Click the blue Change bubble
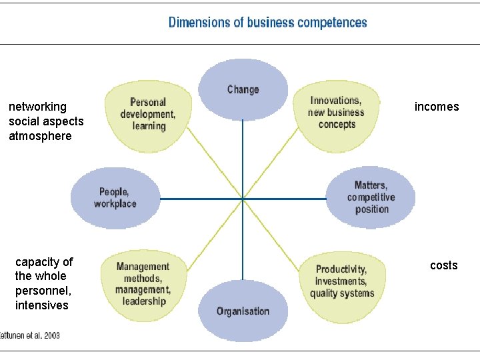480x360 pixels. [243, 89]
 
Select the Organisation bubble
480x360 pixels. [243, 311]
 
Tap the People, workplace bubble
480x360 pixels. [115, 198]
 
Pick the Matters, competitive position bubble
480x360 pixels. [371, 197]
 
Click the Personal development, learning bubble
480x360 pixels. [147, 114]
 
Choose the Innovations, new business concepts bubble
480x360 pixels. [337, 113]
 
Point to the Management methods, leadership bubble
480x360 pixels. [143, 284]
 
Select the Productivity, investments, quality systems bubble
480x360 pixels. [341, 281]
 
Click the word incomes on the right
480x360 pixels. [437, 107]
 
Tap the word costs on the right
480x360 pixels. [444, 265]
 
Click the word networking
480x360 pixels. [37, 107]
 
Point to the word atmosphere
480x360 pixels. [40, 136]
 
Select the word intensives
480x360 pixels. [42, 305]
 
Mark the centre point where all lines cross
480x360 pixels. [243, 199]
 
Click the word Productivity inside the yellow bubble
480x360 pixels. [341, 269]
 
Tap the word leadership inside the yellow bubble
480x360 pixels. [143, 301]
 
